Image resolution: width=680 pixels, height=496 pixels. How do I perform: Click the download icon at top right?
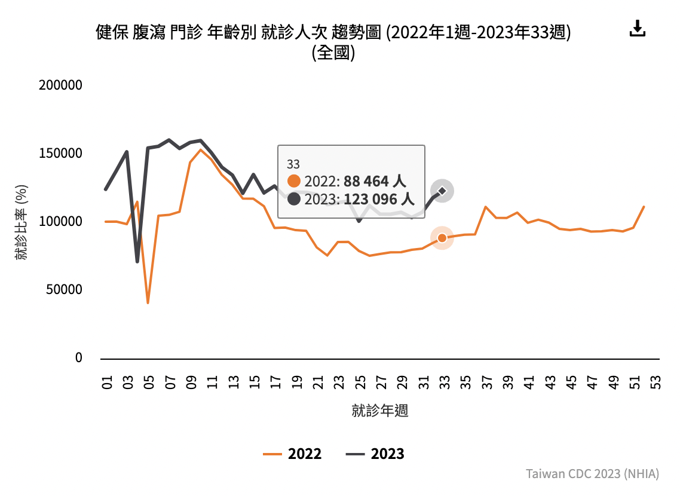[x=638, y=29]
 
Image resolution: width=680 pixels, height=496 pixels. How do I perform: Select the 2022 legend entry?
[x=293, y=454]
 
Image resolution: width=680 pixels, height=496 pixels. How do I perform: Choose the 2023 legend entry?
[x=375, y=454]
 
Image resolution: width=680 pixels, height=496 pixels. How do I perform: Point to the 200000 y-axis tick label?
[x=60, y=85]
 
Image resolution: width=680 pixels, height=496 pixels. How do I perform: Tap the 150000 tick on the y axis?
[x=60, y=154]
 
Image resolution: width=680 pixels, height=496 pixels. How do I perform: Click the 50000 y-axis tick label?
[x=64, y=290]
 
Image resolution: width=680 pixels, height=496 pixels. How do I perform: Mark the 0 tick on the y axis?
[x=78, y=358]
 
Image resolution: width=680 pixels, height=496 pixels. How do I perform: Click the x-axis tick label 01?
[x=108, y=382]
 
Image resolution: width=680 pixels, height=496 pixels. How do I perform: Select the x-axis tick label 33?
[x=444, y=382]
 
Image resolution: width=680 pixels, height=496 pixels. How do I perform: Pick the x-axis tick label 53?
[x=655, y=382]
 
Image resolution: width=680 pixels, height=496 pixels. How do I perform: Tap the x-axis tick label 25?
[x=360, y=382]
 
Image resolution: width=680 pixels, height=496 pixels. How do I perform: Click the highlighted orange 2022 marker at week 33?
[x=442, y=238]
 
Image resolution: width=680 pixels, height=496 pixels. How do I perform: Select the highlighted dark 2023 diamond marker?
[x=442, y=191]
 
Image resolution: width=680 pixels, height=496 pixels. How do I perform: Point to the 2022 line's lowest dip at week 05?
[x=148, y=302]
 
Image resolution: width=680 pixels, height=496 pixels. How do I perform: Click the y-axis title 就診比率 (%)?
[x=22, y=222]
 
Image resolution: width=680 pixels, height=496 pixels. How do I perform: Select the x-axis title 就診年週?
[x=380, y=411]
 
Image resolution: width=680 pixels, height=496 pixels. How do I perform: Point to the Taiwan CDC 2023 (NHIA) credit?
[x=592, y=474]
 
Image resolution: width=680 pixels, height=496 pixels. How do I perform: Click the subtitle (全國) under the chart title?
[x=333, y=53]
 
